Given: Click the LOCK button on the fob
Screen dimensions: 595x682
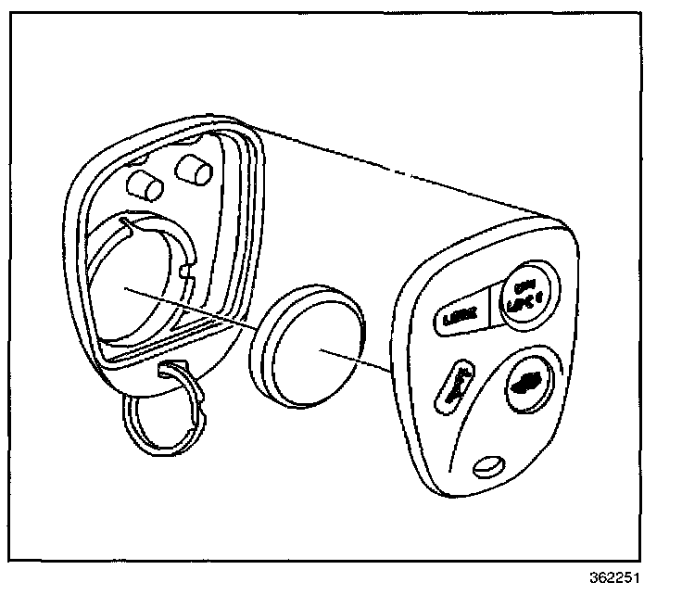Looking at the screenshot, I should point(457,318).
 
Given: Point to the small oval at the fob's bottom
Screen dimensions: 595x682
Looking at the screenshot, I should point(487,466).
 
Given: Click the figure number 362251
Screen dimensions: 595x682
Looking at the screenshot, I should point(613,576).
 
